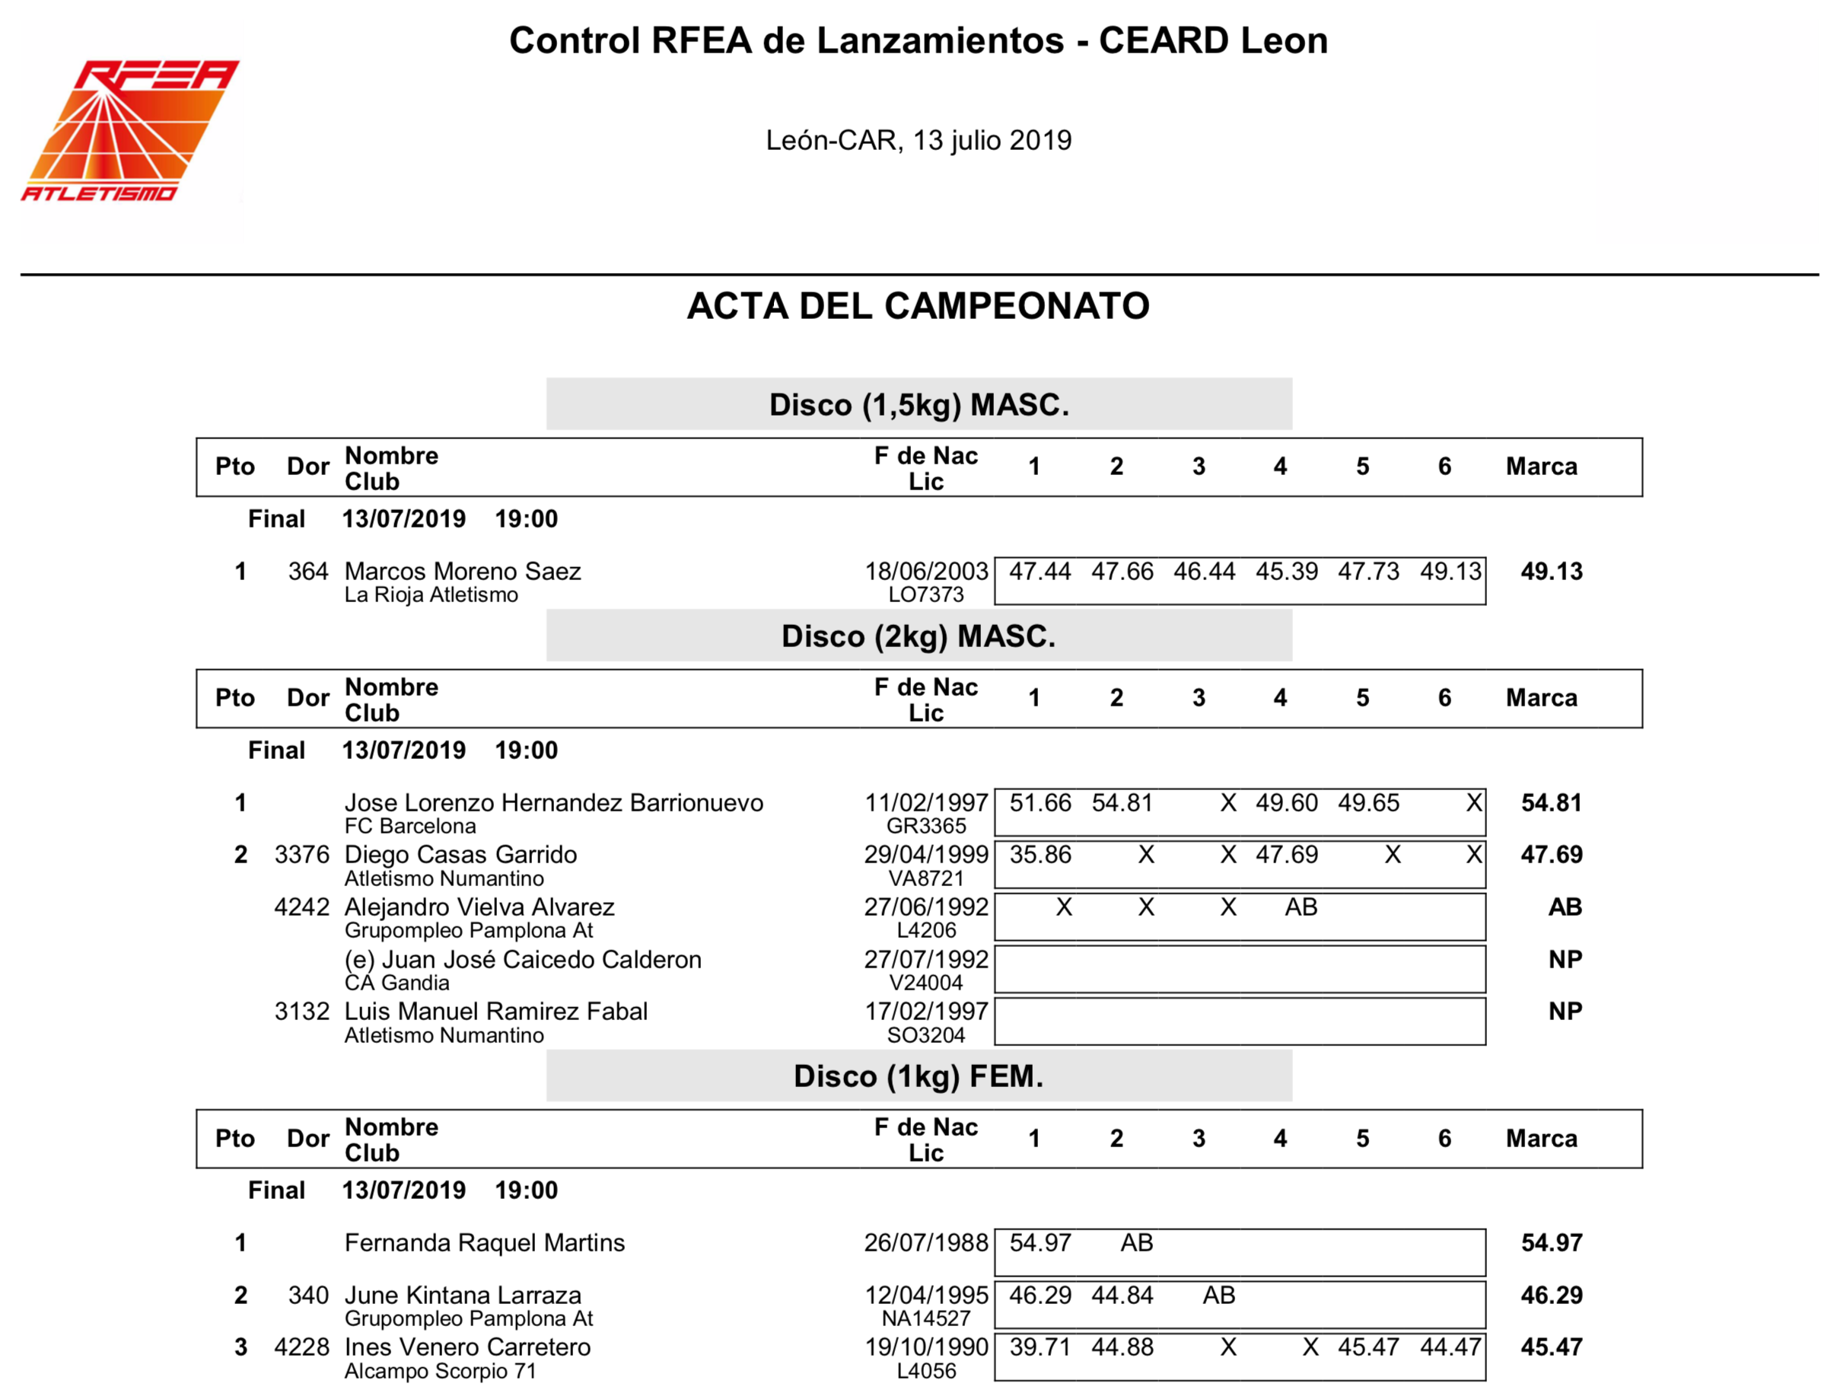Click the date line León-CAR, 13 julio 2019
tap(918, 140)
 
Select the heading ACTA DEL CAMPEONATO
tap(918, 306)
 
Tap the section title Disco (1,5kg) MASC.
tap(919, 405)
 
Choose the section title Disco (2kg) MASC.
tap(919, 636)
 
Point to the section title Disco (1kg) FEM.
tap(919, 1076)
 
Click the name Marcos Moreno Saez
tap(463, 571)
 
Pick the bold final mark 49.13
tap(1551, 571)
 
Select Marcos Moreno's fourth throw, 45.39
tap(1286, 571)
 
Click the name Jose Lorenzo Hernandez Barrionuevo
tap(554, 802)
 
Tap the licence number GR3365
tap(926, 826)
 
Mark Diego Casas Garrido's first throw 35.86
tap(1040, 854)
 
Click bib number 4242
tap(302, 907)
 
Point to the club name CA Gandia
tap(397, 983)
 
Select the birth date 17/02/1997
tap(926, 1011)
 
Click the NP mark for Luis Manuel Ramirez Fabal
tap(1565, 1011)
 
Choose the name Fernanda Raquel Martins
tap(484, 1242)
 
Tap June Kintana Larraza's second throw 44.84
tap(1122, 1295)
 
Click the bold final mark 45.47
tap(1551, 1347)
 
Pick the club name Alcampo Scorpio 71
tap(441, 1371)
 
